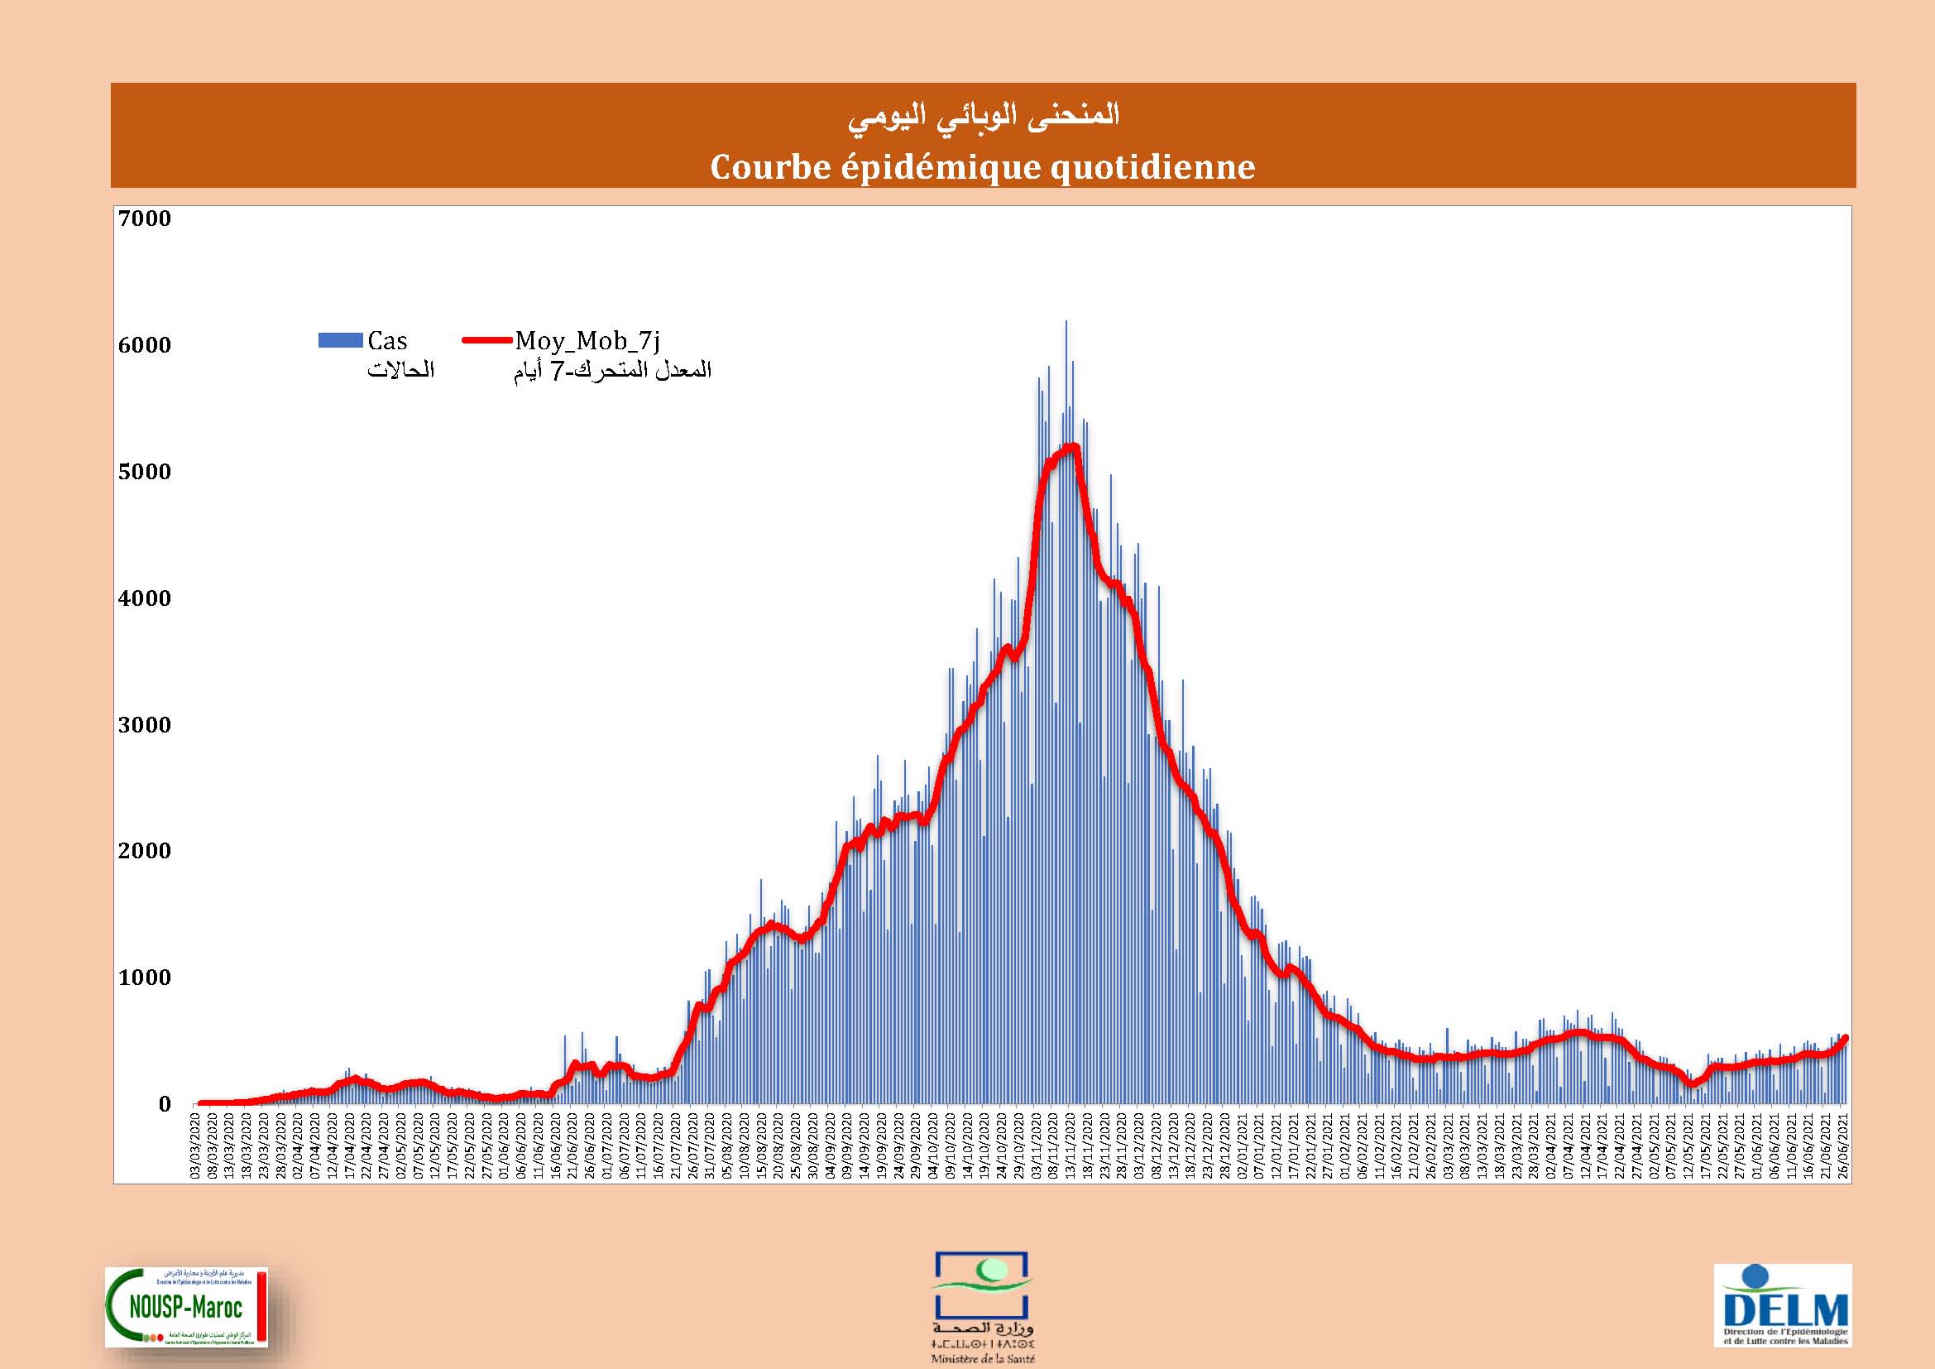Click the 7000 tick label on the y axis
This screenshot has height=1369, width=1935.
pos(144,219)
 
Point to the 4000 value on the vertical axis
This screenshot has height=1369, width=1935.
pos(144,598)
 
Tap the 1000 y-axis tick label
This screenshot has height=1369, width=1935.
pos(144,977)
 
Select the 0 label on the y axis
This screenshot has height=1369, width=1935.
pos(165,1103)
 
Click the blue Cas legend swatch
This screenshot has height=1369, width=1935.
pos(340,340)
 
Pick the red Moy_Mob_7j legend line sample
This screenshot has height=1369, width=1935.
pos(487,340)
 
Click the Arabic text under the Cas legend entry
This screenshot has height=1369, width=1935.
pos(400,370)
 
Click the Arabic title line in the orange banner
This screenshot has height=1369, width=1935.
pos(983,116)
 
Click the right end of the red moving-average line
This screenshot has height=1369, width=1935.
pos(1846,1038)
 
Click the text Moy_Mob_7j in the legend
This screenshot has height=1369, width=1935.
pos(587,340)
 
